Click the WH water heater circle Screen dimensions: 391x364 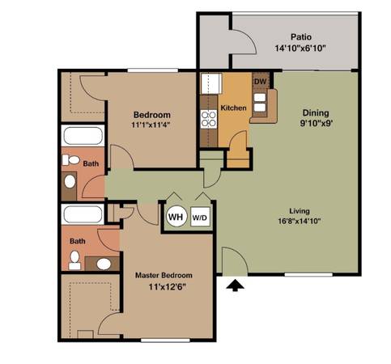tap(176, 217)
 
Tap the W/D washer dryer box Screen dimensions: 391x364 tap(200, 217)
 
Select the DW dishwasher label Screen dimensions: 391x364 tap(261, 81)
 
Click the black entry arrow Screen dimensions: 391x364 tap(235, 286)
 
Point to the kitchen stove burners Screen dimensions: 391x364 tap(209, 119)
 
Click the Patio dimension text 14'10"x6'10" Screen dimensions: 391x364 tap(300, 49)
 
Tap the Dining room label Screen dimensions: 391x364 tap(316, 112)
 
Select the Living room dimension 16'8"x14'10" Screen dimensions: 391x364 tap(300, 222)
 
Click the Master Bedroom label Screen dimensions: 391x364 tap(164, 275)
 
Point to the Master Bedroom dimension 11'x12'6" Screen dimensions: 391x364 tap(168, 286)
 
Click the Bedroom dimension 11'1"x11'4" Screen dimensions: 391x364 tap(151, 125)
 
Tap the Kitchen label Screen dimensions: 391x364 tap(233, 108)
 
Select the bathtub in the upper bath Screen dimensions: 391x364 tap(83, 136)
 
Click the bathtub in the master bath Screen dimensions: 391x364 tap(83, 214)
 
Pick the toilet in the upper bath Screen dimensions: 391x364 tap(70, 160)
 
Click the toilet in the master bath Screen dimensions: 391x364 tap(74, 260)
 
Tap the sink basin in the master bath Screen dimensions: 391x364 tap(104, 264)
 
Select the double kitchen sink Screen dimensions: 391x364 tap(260, 102)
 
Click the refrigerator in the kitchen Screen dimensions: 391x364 tap(211, 83)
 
